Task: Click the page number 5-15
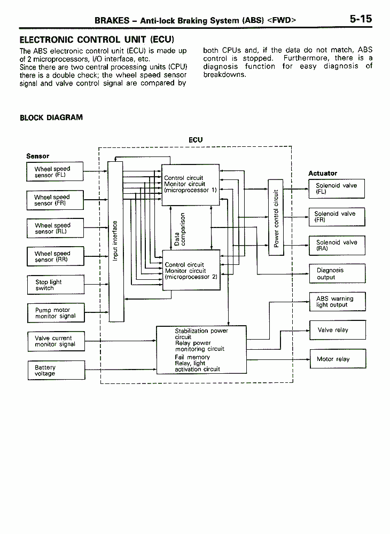[x=361, y=19]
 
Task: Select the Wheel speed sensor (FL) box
[x=55, y=171]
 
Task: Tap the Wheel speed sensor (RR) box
[x=56, y=256]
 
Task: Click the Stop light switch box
[x=56, y=285]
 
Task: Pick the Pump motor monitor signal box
[x=56, y=313]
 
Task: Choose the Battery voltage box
[x=57, y=370]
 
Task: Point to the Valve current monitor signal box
[x=56, y=341]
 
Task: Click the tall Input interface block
[x=116, y=241]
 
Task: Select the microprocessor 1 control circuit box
[x=190, y=185]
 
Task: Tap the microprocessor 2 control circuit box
[x=191, y=270]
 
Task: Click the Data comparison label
[x=180, y=229]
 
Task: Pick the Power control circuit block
[x=276, y=218]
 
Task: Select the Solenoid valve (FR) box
[x=337, y=217]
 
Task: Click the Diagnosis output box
[x=337, y=273]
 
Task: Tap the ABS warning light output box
[x=338, y=302]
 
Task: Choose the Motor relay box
[x=338, y=359]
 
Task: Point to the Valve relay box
[x=338, y=330]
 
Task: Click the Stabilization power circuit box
[x=201, y=350]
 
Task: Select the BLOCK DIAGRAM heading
[x=51, y=117]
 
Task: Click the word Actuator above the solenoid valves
[x=323, y=174]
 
